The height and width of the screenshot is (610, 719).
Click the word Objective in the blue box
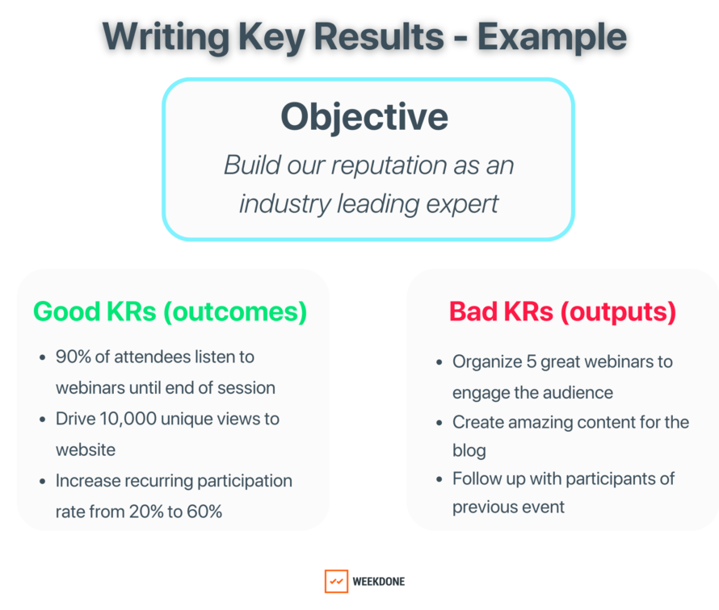click(x=364, y=118)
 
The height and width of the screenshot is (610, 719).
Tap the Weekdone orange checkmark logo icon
click(x=336, y=581)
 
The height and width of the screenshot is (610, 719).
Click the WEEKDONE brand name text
click(x=379, y=582)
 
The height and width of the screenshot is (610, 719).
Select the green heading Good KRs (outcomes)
click(x=170, y=312)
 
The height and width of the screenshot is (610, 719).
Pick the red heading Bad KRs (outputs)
click(x=562, y=312)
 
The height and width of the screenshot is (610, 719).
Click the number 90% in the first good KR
click(x=74, y=357)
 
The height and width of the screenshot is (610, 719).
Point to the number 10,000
click(x=128, y=419)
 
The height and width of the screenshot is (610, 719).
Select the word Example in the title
click(x=552, y=38)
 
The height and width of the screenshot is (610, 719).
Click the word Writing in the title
click(x=166, y=38)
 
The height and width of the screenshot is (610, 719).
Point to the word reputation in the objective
click(x=389, y=166)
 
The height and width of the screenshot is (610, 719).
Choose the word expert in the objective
click(x=462, y=205)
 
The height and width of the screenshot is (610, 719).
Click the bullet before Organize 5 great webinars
click(x=439, y=363)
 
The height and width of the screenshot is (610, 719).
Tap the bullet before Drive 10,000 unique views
click(x=43, y=420)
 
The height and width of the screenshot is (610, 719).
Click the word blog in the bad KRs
click(x=469, y=450)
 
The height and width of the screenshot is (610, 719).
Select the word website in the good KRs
click(x=86, y=449)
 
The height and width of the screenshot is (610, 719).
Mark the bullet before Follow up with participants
click(x=439, y=479)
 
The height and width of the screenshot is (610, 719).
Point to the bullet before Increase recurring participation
click(x=43, y=482)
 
